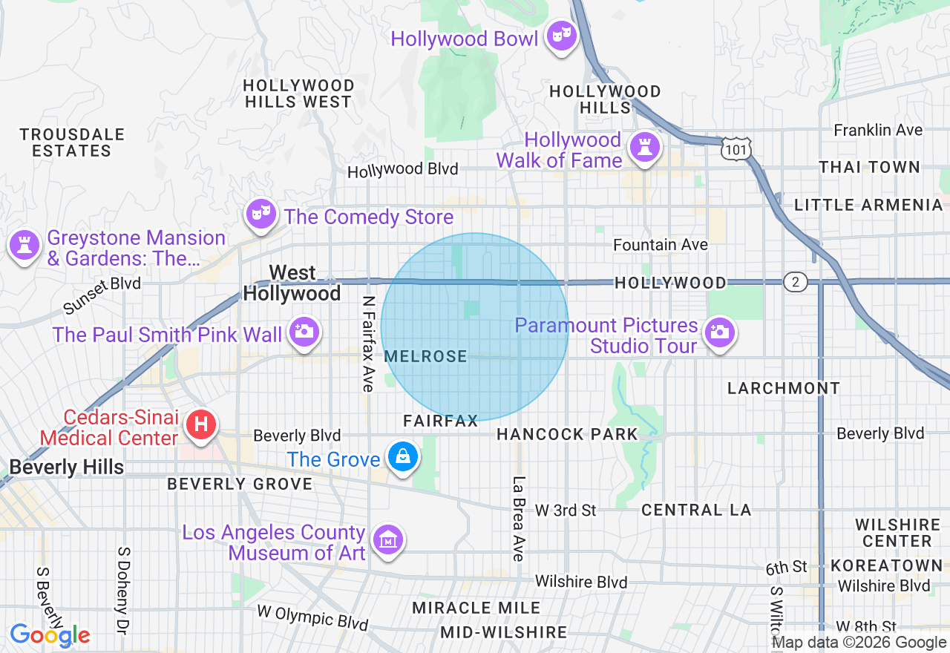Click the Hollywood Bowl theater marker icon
click(562, 35)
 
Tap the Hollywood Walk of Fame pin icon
click(644, 147)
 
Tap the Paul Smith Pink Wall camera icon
click(304, 332)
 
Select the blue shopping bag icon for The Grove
click(402, 457)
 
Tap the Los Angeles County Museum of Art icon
click(387, 539)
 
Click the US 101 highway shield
click(735, 149)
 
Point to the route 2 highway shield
click(795, 281)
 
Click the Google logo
click(50, 634)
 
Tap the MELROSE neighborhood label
click(426, 357)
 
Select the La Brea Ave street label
click(519, 518)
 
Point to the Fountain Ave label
click(660, 245)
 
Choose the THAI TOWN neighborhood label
click(869, 168)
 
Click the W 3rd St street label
click(566, 511)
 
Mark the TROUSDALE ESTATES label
click(72, 142)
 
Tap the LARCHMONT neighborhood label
click(783, 388)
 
